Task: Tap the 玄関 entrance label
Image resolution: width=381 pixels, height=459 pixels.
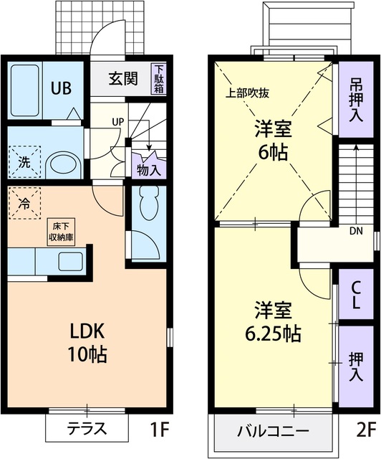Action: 122,78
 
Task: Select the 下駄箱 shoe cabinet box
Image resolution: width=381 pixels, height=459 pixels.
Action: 158,79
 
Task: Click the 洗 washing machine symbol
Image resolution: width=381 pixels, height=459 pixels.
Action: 24,162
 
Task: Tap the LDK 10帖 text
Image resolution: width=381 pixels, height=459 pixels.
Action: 87,342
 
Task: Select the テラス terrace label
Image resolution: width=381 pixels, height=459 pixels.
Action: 87,430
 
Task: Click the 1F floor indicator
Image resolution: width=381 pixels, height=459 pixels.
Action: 159,430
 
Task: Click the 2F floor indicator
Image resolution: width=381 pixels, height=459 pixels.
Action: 365,430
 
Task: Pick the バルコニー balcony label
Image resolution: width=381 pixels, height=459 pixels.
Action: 273,431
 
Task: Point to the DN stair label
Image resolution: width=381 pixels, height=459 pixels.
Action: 355,232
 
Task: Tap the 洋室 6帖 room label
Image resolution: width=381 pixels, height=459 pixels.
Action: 275,140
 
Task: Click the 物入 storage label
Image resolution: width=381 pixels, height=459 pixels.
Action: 147,170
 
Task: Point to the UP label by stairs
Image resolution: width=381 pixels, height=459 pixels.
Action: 116,121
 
